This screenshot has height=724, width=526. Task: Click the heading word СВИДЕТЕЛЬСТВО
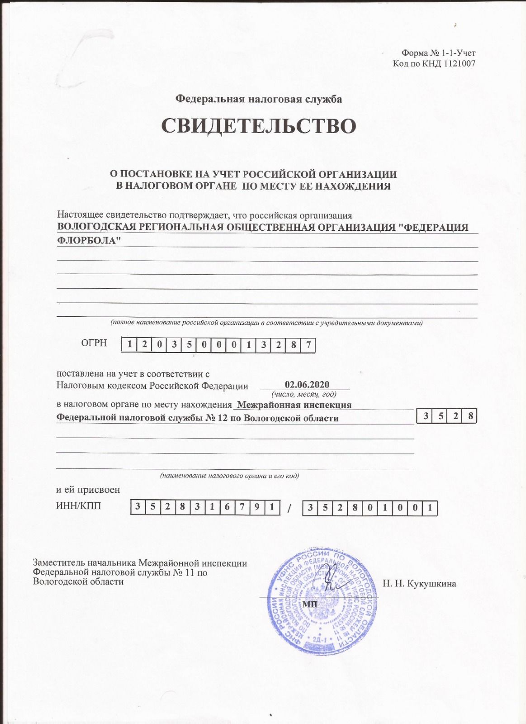coord(259,126)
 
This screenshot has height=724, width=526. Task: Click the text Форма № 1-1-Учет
coord(439,53)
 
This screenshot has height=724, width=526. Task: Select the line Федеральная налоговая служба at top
coord(259,99)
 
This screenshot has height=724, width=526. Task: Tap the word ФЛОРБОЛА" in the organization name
coord(89,240)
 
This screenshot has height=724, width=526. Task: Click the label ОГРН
coord(94,343)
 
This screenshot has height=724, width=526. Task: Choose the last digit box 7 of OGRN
coord(308,345)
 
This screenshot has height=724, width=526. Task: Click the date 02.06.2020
coord(307,385)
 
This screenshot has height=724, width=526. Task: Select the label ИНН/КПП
coord(78,506)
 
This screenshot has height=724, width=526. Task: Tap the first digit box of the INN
coord(138,508)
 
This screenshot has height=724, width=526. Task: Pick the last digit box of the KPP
coord(431,508)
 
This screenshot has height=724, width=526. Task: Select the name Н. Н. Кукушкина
coord(419,584)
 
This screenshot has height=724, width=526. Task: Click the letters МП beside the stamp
coord(309,605)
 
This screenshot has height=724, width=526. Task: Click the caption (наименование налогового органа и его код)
coord(229,476)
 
